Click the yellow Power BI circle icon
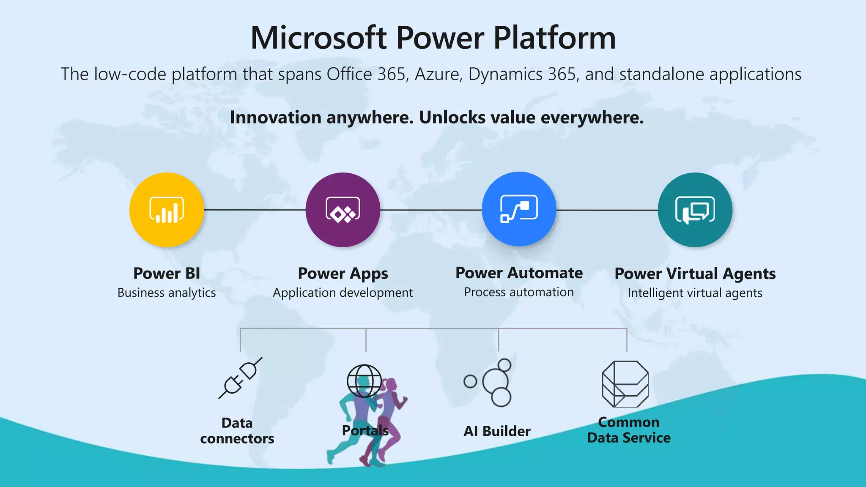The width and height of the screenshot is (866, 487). click(167, 210)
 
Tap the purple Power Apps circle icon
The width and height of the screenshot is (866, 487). click(343, 210)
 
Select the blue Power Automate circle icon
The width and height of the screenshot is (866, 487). click(519, 209)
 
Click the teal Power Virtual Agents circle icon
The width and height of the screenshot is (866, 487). click(695, 210)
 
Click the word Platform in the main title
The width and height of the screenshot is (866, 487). click(554, 38)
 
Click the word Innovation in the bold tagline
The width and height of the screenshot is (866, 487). click(275, 118)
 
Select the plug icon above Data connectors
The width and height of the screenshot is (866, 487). click(240, 378)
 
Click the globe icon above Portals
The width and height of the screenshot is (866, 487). click(364, 380)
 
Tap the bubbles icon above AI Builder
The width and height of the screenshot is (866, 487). click(491, 383)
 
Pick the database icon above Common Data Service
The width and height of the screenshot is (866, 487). click(625, 384)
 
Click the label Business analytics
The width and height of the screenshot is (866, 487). click(167, 293)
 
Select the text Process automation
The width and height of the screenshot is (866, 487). click(519, 292)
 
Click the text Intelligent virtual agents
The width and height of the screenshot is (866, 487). click(695, 293)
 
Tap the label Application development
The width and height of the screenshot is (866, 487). click(343, 293)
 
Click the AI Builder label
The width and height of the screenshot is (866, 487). click(497, 431)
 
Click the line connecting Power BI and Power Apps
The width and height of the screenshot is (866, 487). click(255, 210)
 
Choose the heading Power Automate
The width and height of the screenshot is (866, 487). click(519, 273)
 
